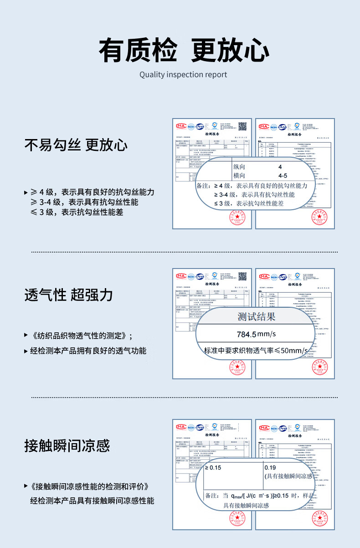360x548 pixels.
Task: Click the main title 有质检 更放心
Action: pos(183,50)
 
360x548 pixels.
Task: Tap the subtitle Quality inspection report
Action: pos(183,75)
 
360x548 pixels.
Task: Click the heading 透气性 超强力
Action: pos(68,295)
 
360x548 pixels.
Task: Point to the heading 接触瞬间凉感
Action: pos(67,445)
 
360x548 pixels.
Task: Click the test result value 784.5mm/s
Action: pos(256,334)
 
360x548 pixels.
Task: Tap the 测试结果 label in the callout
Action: pos(256,316)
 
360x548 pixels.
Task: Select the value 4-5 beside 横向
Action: pos(283,176)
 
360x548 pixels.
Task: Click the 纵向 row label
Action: pos(239,167)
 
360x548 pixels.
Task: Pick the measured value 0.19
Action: pos(270,467)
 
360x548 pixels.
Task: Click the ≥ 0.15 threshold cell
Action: pos(213,467)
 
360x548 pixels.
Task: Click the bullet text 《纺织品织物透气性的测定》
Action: pos(80,336)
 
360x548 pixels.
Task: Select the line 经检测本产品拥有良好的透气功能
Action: pos(88,351)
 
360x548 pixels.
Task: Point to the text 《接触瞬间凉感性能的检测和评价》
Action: pos(90,486)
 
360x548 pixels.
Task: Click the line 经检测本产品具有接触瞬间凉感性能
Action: pos(92,501)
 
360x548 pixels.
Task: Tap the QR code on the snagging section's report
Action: pos(242,126)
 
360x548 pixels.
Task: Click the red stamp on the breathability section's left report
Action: pos(237,367)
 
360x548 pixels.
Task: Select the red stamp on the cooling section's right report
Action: pos(320,518)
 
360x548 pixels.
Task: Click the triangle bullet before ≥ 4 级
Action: pos(26,192)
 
